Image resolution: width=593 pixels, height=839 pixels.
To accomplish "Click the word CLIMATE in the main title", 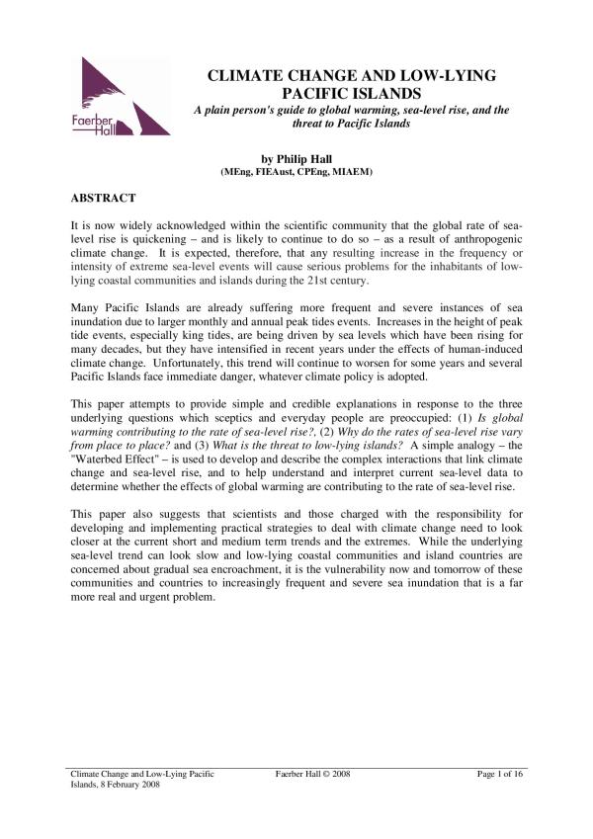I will point(242,75).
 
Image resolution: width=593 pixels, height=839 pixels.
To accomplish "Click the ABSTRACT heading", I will point(103,198).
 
